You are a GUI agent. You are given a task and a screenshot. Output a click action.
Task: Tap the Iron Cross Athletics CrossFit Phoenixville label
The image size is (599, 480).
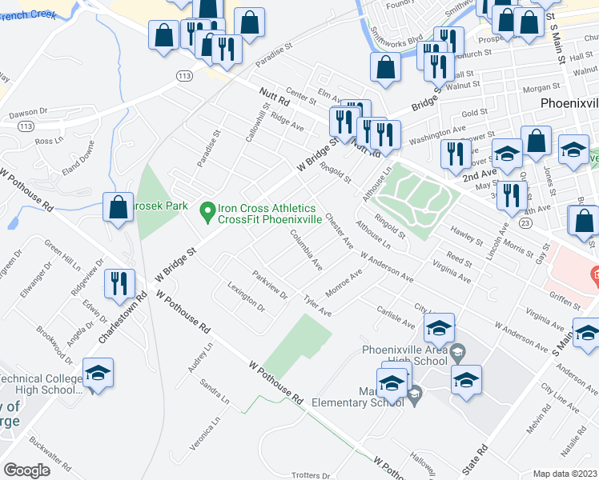[x=269, y=213]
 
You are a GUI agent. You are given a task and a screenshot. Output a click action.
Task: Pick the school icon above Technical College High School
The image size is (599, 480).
[x=98, y=373]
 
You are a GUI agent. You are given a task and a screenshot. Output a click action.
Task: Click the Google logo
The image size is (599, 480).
[x=26, y=470]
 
